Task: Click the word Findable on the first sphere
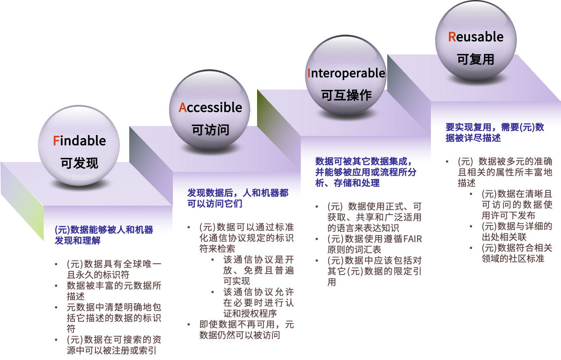pos(79,141)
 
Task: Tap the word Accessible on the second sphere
pos(210,108)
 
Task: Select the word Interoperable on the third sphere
pos(346,73)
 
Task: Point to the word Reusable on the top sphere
pos(475,37)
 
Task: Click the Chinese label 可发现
pos(79,162)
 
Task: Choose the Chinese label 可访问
pos(210,130)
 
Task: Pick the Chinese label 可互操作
pos(346,95)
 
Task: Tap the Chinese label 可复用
pos(475,59)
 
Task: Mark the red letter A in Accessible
pos(182,108)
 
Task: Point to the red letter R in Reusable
pos(452,37)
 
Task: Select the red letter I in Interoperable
pos(309,73)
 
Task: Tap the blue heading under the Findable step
pos(104,235)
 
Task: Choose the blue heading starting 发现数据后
pos(238,198)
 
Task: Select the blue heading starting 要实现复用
pos(495,133)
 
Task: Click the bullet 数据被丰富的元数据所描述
pos(114,291)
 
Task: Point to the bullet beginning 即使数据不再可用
pos(246,330)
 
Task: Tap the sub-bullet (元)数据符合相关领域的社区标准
pos(516,253)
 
